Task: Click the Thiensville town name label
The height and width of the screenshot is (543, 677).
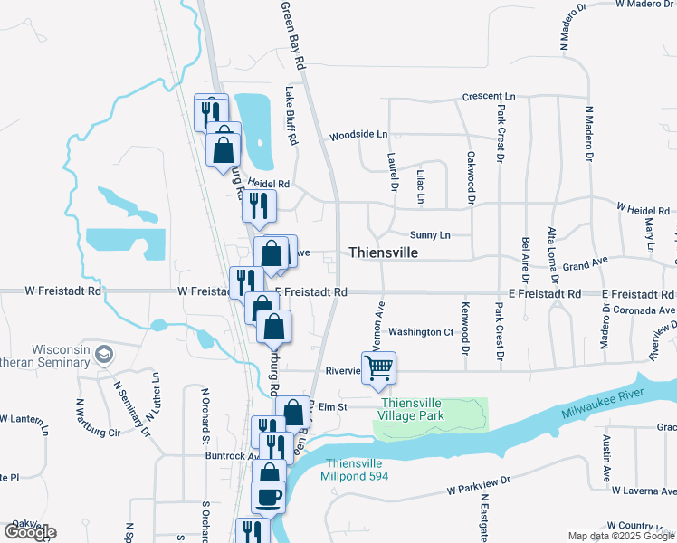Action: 383,253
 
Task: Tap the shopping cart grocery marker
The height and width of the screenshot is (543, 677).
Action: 379,367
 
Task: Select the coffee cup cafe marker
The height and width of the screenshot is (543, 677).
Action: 268,497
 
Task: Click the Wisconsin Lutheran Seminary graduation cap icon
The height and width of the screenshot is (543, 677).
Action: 104,353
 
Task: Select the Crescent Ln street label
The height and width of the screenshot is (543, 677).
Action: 488,96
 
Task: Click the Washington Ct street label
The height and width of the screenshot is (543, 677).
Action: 421,332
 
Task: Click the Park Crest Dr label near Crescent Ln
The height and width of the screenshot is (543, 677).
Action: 500,134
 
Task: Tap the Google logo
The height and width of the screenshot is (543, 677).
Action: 29,532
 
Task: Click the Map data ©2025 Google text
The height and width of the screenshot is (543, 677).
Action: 620,536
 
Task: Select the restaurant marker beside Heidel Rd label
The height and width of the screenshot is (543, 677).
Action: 259,206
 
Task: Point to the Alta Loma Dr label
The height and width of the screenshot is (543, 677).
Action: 552,256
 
